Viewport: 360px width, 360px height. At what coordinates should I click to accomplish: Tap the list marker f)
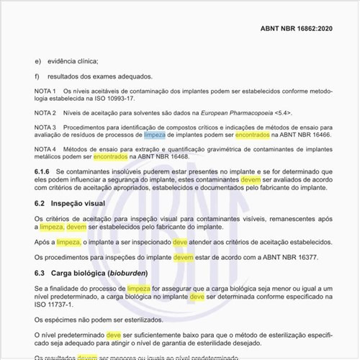coord(37,76)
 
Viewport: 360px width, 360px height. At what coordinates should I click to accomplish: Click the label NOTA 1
coord(45,91)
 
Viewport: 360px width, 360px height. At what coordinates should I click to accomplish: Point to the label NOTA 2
coord(45,113)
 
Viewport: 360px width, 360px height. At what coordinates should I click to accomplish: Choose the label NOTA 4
coord(45,148)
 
